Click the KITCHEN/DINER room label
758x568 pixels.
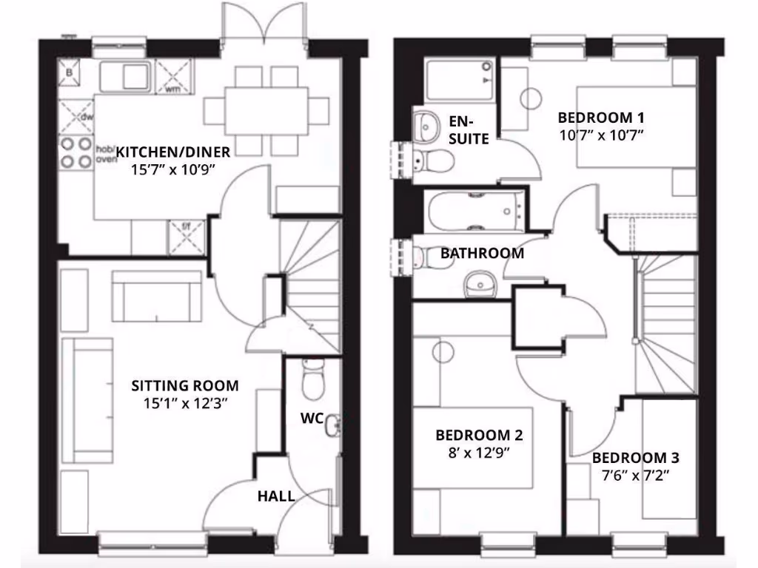pyautogui.click(x=174, y=152)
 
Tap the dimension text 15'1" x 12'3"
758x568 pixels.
pyautogui.click(x=184, y=403)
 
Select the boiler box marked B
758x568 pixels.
pyautogui.click(x=70, y=73)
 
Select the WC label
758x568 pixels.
pyautogui.click(x=311, y=419)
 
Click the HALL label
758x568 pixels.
pyautogui.click(x=276, y=496)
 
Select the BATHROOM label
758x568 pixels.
pyautogui.click(x=482, y=253)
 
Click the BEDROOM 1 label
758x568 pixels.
pyautogui.click(x=600, y=118)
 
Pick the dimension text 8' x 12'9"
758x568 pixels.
pyautogui.click(x=474, y=451)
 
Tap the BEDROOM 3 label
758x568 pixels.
pyautogui.click(x=636, y=458)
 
